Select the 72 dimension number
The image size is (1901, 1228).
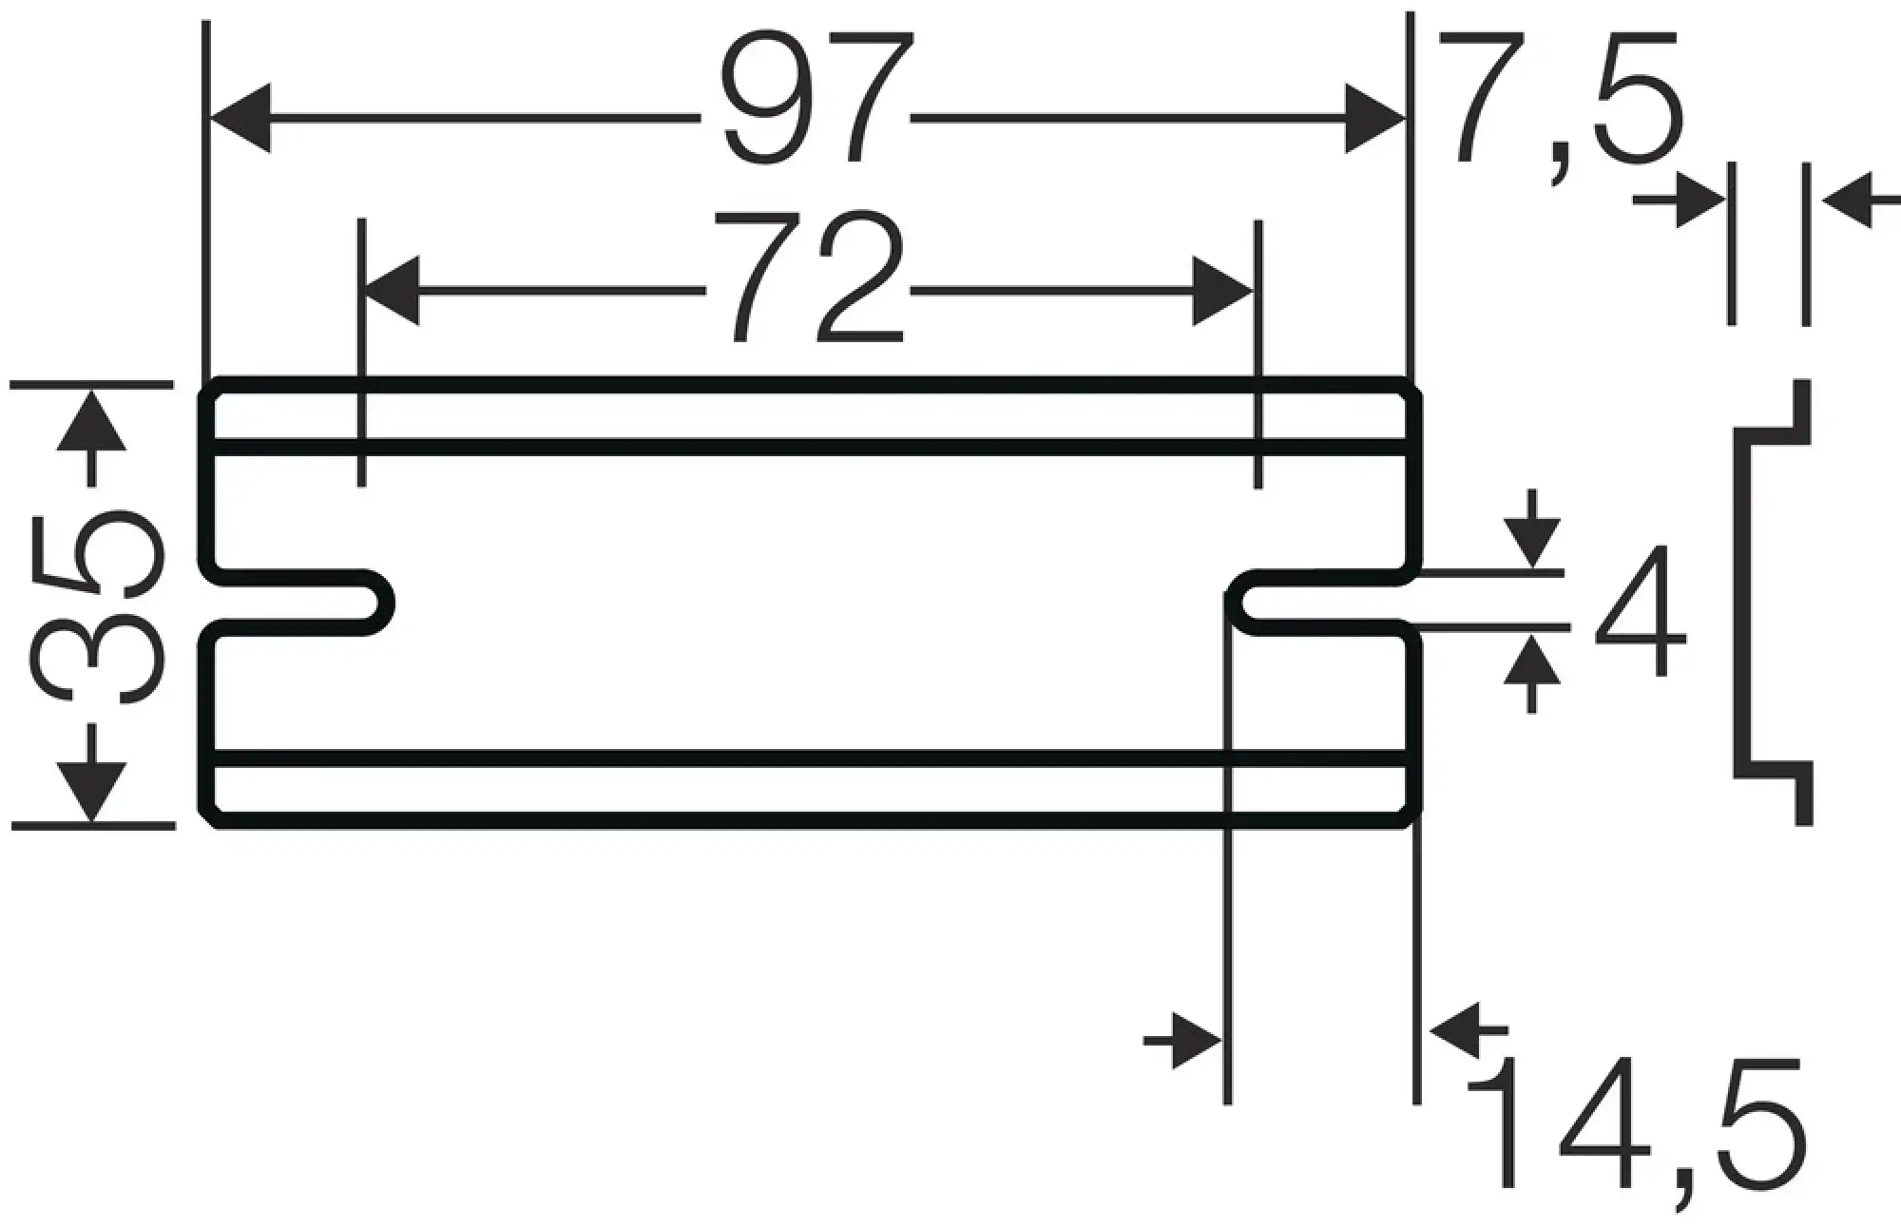click(808, 277)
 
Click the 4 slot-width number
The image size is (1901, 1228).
click(1640, 610)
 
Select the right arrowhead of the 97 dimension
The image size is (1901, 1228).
click(1374, 118)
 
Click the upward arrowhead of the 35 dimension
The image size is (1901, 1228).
click(91, 420)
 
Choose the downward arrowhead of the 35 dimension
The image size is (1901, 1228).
click(91, 791)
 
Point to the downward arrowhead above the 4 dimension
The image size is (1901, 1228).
click(1531, 542)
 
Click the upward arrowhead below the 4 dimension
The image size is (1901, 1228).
click(1531, 661)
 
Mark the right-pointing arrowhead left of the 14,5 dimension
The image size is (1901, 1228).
click(1196, 1041)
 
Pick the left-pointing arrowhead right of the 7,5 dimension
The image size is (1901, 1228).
click(1849, 200)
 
